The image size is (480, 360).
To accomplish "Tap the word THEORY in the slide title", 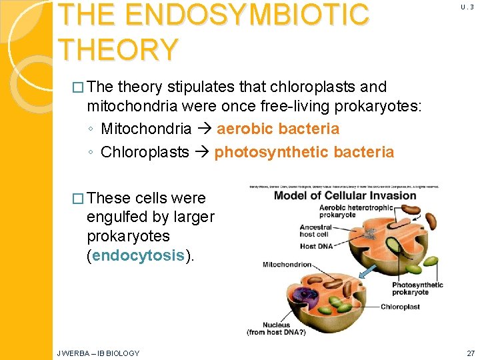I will (x=118, y=48).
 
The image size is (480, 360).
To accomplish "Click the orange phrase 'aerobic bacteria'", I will (x=277, y=129).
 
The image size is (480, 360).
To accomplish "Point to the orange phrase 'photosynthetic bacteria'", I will (x=303, y=152).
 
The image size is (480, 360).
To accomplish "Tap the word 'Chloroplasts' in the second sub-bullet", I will (x=145, y=152).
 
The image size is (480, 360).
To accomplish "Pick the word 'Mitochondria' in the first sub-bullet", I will (x=146, y=129).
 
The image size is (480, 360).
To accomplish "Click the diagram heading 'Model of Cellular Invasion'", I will (x=345, y=195).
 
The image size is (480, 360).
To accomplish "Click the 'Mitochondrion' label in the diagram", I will (x=286, y=265).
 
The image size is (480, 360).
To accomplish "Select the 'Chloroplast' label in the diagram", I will (x=399, y=307).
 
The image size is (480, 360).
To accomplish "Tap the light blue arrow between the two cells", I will (x=366, y=271).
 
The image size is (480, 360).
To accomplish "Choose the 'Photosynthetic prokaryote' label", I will (x=416, y=289).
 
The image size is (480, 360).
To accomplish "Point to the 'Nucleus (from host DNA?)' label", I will (x=276, y=328).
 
